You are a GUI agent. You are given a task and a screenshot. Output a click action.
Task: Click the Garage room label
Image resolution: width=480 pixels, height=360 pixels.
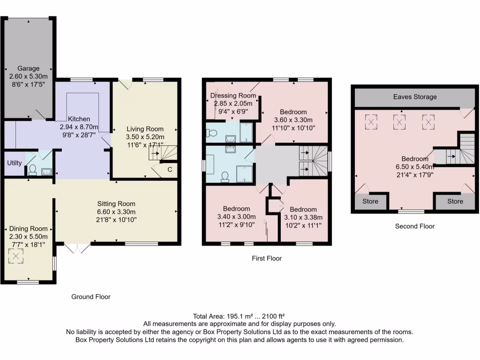coord(29,68)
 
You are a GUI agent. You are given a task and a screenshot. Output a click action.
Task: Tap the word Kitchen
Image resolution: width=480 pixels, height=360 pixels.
coord(79,119)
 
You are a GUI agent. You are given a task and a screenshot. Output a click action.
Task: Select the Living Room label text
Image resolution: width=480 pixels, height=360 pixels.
coord(145,129)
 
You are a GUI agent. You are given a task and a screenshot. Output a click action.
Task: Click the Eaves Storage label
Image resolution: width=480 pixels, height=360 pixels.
coord(415,97)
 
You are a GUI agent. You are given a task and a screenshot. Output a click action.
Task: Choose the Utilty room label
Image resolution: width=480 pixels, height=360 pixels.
coord(14,163)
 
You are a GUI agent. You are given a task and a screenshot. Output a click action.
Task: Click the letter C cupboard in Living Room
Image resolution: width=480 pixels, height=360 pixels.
coord(169,169)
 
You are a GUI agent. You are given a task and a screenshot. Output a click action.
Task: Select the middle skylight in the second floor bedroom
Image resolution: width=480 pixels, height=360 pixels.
coord(399,122)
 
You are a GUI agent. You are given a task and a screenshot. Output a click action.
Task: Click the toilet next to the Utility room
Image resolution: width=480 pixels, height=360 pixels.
coord(33,170)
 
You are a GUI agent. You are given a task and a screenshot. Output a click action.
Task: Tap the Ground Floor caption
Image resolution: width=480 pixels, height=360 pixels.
coord(90,297)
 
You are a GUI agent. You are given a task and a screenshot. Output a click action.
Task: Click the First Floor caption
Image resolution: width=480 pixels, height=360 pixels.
coord(267,258)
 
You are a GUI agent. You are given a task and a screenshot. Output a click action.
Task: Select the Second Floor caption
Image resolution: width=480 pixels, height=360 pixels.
coord(415,226)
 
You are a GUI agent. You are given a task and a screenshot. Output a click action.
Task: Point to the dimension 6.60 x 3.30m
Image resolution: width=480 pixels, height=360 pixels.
coord(116,211)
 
